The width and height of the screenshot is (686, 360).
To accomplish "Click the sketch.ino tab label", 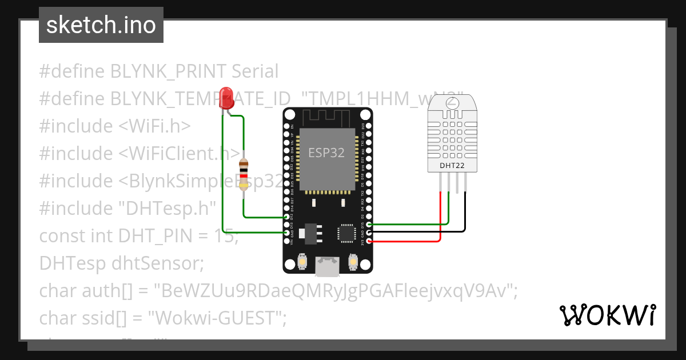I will point(101,25).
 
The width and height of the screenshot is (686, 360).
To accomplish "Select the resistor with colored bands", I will point(244,173).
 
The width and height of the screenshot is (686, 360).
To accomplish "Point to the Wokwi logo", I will point(607,315).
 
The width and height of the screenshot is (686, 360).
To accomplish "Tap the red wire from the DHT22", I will point(440,217).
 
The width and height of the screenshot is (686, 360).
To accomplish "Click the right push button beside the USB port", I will point(353,262).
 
